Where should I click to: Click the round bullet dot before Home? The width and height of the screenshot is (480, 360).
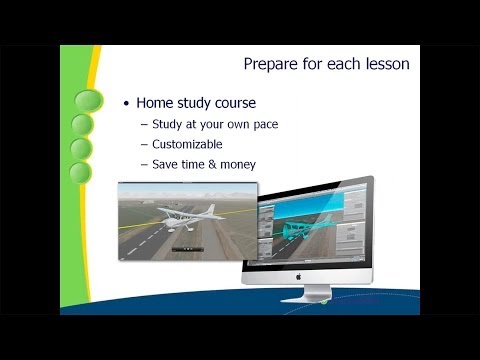126,103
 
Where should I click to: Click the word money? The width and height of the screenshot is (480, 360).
237,163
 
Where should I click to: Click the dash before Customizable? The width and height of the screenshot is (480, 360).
144,144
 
